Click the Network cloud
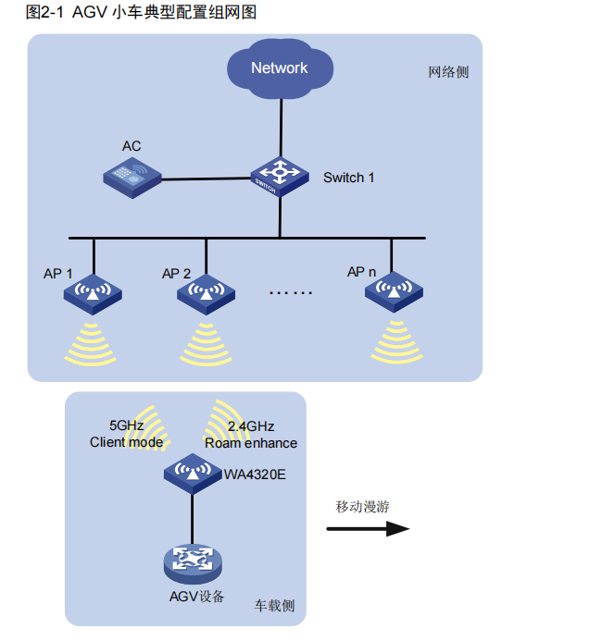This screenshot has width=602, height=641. click(279, 68)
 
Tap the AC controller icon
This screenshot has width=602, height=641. click(131, 176)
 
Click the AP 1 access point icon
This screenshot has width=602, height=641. click(93, 294)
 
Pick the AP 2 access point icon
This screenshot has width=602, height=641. click(205, 294)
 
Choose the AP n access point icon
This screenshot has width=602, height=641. click(394, 292)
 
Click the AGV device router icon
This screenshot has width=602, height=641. click(192, 561)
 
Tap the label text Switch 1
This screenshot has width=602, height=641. click(349, 177)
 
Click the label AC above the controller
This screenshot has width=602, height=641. click(132, 146)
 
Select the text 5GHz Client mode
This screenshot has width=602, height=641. click(126, 434)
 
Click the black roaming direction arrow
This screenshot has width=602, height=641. click(368, 528)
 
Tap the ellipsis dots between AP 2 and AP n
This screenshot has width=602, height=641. click(291, 293)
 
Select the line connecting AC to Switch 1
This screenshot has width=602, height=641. click(206, 178)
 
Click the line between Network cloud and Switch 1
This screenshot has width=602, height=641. click(279, 129)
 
